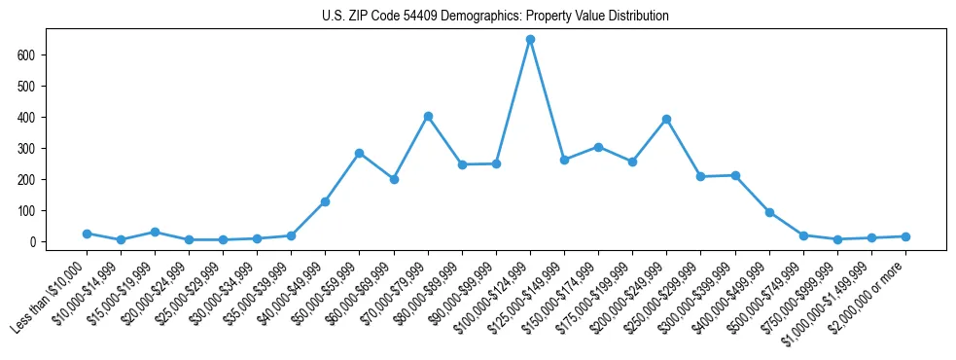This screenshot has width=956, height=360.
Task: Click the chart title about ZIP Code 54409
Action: coord(495,17)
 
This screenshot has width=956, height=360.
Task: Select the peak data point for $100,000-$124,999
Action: coord(530,40)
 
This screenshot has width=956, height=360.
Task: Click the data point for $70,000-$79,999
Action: coord(428,116)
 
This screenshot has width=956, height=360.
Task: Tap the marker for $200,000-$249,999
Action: coord(666,120)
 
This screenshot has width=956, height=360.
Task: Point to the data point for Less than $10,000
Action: coord(87,234)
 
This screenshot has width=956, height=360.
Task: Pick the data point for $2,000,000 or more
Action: coord(905,236)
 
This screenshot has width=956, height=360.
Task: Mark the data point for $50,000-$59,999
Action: coord(360,153)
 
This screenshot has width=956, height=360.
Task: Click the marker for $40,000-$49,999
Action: coord(325,201)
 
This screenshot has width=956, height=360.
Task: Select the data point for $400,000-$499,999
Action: coord(769,212)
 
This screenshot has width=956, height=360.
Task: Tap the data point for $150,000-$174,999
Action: coord(598,147)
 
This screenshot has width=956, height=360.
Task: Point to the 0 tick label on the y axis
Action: coord(33,242)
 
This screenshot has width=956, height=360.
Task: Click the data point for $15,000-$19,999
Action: coord(155,232)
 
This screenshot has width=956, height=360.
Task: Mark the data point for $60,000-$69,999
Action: coord(394,179)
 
